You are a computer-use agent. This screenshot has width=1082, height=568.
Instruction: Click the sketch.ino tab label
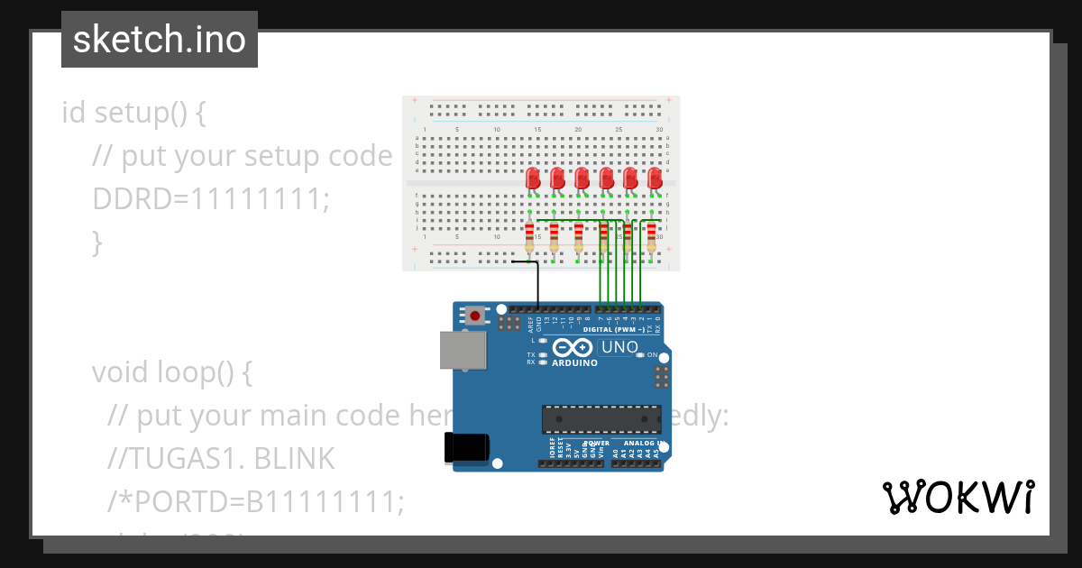(x=159, y=40)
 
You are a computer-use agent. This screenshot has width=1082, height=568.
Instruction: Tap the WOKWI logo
(x=958, y=498)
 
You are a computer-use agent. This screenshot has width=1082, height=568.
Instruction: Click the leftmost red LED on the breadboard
(x=533, y=178)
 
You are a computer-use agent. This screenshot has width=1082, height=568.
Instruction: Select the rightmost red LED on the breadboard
(x=655, y=178)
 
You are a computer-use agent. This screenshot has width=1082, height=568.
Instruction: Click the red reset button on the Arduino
(x=474, y=316)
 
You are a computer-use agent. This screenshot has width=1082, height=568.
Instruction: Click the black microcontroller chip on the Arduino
(x=600, y=419)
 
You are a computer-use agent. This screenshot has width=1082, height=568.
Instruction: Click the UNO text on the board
(x=619, y=347)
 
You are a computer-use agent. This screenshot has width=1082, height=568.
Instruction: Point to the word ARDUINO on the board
(x=574, y=363)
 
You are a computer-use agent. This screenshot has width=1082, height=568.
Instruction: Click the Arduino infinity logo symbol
(x=573, y=348)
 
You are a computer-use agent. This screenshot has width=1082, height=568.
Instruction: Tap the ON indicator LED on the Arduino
(x=640, y=355)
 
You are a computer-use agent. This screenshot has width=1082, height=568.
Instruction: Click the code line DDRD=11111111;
(x=211, y=199)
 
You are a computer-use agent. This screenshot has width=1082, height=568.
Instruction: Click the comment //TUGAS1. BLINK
(x=220, y=459)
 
